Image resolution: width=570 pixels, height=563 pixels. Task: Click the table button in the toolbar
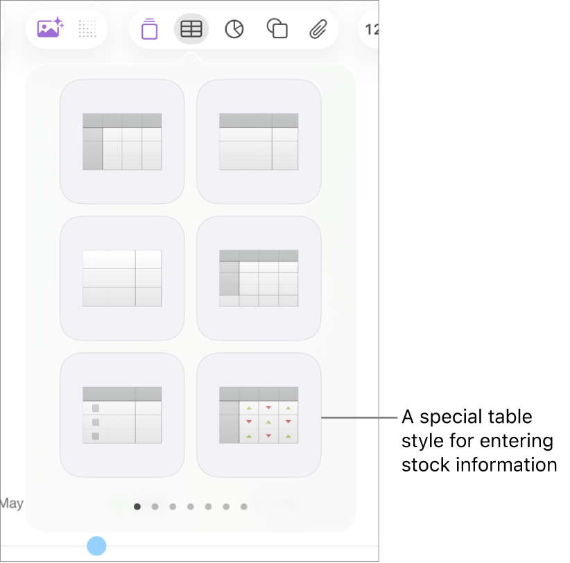coord(191,29)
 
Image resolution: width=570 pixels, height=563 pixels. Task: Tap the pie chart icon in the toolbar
coord(234,29)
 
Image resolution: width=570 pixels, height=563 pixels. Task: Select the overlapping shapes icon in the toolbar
coord(277,29)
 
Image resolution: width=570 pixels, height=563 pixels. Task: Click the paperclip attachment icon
coord(318,29)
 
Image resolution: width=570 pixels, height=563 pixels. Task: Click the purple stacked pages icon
coord(149,29)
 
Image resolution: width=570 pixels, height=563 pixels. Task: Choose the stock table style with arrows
coord(259,415)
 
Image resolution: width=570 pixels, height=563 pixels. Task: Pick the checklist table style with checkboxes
coord(122,415)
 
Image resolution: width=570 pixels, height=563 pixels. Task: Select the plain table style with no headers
coord(122,278)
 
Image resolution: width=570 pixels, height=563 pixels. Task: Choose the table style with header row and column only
coord(122,141)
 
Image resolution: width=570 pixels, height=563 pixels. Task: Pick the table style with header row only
coord(259,141)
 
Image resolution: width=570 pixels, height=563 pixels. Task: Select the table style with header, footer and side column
coord(259,278)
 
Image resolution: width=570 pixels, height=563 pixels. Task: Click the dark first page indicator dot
coord(137,507)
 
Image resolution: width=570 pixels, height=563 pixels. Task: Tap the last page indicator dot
coord(244,507)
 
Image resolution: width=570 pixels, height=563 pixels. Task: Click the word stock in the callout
coord(423,465)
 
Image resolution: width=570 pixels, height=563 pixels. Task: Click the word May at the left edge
coord(11,503)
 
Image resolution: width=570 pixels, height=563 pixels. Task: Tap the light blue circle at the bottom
coord(97,546)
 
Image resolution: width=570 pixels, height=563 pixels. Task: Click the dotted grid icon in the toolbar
coord(87,29)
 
